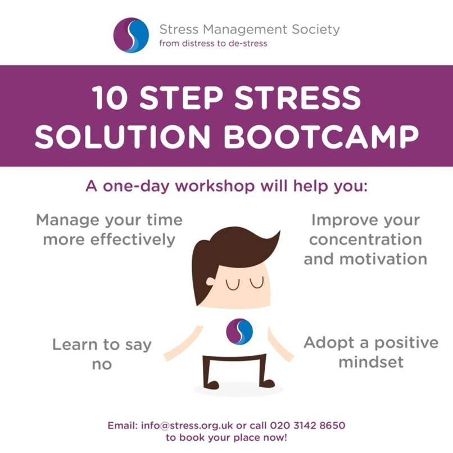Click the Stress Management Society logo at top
click(x=131, y=35)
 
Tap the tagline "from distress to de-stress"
click(x=213, y=43)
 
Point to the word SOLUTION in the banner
click(x=121, y=135)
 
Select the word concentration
click(x=365, y=239)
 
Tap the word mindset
click(x=372, y=361)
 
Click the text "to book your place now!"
click(x=226, y=437)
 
